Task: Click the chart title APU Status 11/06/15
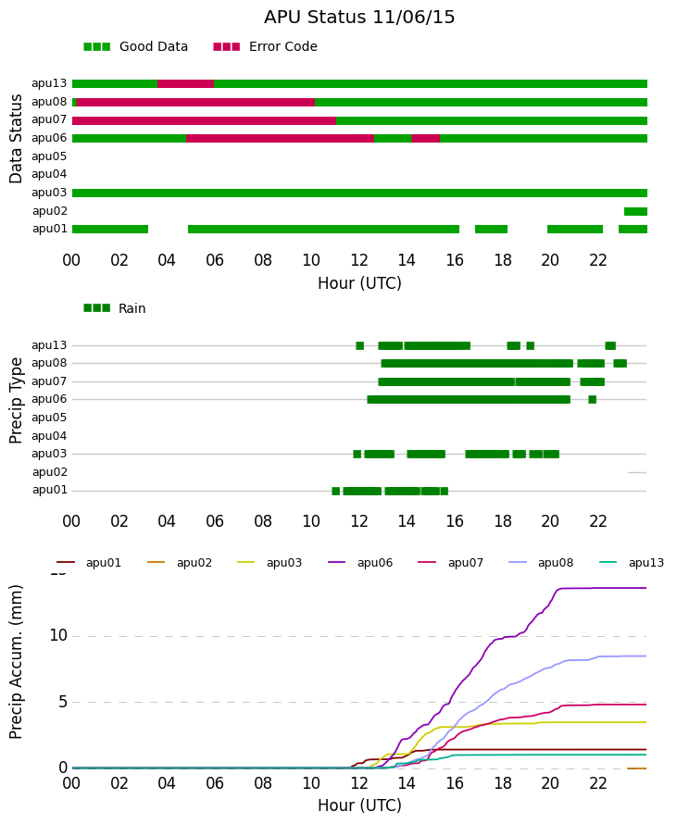pos(359,17)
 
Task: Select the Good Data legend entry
pos(135,47)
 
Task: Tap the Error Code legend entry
pos(266,47)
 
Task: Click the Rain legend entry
pos(115,308)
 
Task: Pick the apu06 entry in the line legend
pos(360,563)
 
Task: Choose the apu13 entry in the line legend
pos(632,563)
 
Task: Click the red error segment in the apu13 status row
pos(185,83)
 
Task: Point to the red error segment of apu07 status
pos(204,120)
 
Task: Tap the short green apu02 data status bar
pos(635,211)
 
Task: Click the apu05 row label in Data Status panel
pos(49,156)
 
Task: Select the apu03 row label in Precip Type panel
pos(49,454)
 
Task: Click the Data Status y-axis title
pos(16,139)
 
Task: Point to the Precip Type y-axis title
pos(16,401)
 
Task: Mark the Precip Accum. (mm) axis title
pos(16,662)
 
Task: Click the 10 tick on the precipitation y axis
pos(58,635)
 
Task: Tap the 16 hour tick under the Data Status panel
pos(455,260)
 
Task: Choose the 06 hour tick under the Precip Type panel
pos(215,521)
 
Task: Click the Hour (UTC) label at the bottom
pos(359,805)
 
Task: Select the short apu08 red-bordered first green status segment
pos(74,102)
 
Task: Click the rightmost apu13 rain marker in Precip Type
pos(610,345)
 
